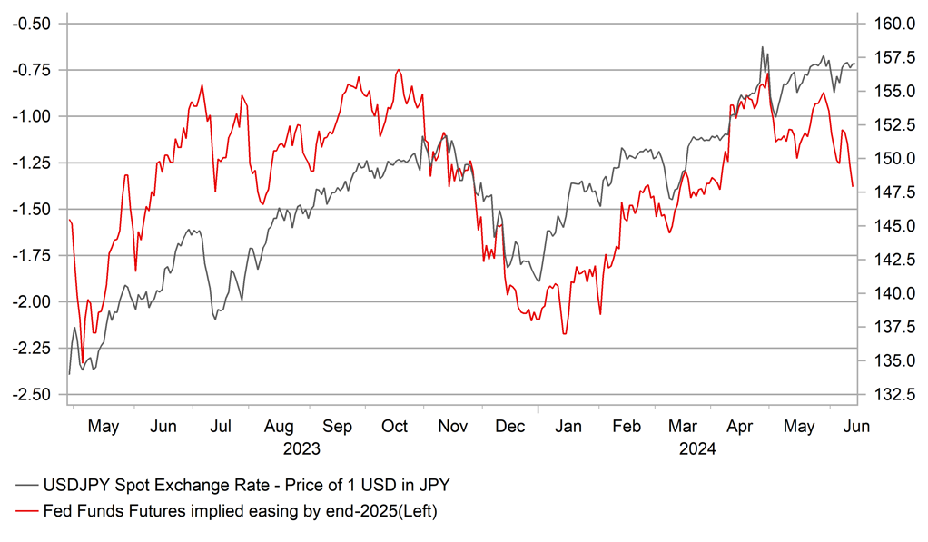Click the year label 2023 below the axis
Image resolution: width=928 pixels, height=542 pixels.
click(x=302, y=448)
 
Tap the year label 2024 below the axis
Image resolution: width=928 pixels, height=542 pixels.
click(x=697, y=448)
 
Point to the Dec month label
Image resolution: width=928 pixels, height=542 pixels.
click(x=510, y=427)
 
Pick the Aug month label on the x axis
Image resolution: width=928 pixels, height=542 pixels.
click(x=280, y=427)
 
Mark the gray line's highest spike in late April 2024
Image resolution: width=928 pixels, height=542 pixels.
click(x=762, y=47)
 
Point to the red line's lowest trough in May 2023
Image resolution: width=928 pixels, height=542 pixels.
click(x=83, y=362)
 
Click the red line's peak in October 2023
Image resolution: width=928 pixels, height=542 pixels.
click(x=398, y=70)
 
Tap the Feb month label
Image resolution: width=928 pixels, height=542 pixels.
click(x=627, y=427)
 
